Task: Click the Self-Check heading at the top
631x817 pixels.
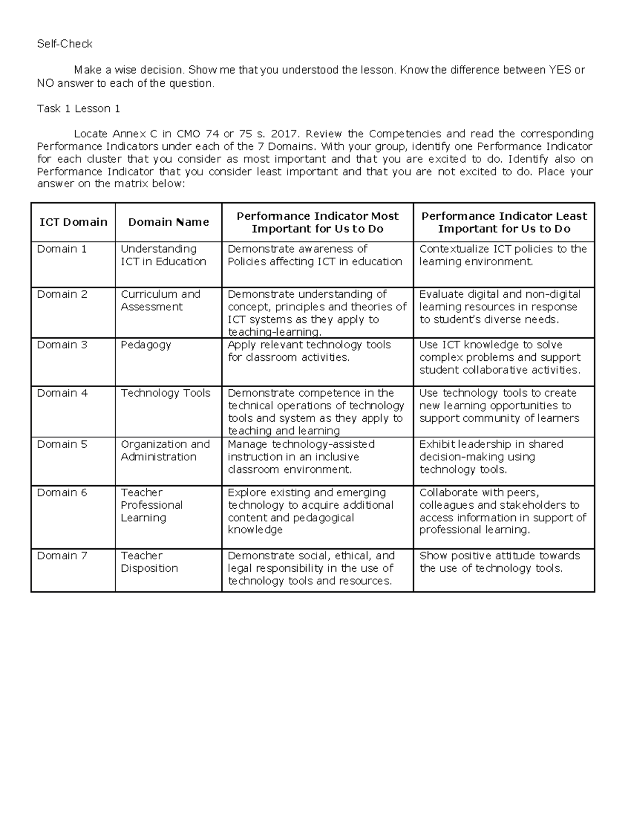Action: tap(64, 44)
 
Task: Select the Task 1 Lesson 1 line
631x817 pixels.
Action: tap(78, 109)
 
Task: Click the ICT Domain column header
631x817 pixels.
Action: tap(73, 223)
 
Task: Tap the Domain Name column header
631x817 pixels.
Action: tap(168, 223)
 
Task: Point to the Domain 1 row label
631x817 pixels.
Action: tap(62, 249)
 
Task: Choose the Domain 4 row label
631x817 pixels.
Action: tap(62, 394)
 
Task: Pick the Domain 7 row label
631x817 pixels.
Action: tap(62, 556)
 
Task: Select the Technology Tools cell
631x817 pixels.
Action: tap(165, 394)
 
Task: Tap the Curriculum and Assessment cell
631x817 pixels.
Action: tap(160, 301)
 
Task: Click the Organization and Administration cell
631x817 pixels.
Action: tap(165, 451)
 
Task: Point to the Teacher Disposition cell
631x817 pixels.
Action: tap(149, 562)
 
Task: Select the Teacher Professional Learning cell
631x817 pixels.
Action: tap(151, 505)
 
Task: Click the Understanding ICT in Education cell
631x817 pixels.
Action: tap(163, 256)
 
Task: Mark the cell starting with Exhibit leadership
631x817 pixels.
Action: tap(491, 457)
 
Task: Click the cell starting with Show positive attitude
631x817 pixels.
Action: tap(499, 562)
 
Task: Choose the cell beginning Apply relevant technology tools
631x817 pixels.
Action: tap(309, 351)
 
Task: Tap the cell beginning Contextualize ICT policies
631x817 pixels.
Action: tap(503, 256)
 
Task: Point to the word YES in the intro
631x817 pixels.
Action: tap(559, 70)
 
